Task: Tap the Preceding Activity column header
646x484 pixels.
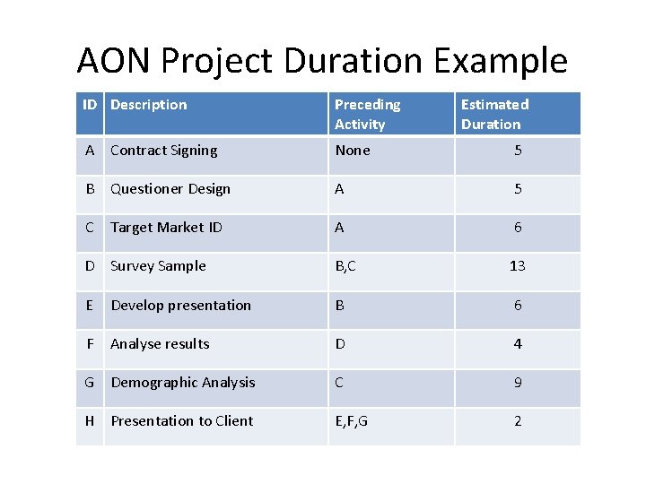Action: pyautogui.click(x=367, y=114)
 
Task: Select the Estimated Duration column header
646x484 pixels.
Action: pyautogui.click(x=494, y=114)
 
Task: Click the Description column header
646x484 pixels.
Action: pyautogui.click(x=149, y=105)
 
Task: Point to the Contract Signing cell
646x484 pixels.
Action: pyautogui.click(x=163, y=151)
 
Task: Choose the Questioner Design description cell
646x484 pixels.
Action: pyautogui.click(x=170, y=189)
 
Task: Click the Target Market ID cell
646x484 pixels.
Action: pyautogui.click(x=166, y=228)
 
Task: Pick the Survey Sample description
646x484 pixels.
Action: pyautogui.click(x=158, y=266)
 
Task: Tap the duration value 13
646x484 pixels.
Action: pyautogui.click(x=518, y=266)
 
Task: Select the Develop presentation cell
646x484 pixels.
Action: pyautogui.click(x=180, y=306)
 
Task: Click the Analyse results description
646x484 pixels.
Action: pyautogui.click(x=160, y=344)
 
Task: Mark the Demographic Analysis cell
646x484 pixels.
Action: pyautogui.click(x=183, y=383)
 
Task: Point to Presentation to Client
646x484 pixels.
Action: pyautogui.click(x=181, y=421)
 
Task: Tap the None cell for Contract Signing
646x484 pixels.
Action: pyautogui.click(x=352, y=151)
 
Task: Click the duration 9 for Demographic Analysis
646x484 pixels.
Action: pyautogui.click(x=518, y=383)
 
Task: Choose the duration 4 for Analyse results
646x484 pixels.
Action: pyautogui.click(x=518, y=344)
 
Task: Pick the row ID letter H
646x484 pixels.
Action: pyautogui.click(x=90, y=421)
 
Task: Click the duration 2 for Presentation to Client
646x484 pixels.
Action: pyautogui.click(x=518, y=421)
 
